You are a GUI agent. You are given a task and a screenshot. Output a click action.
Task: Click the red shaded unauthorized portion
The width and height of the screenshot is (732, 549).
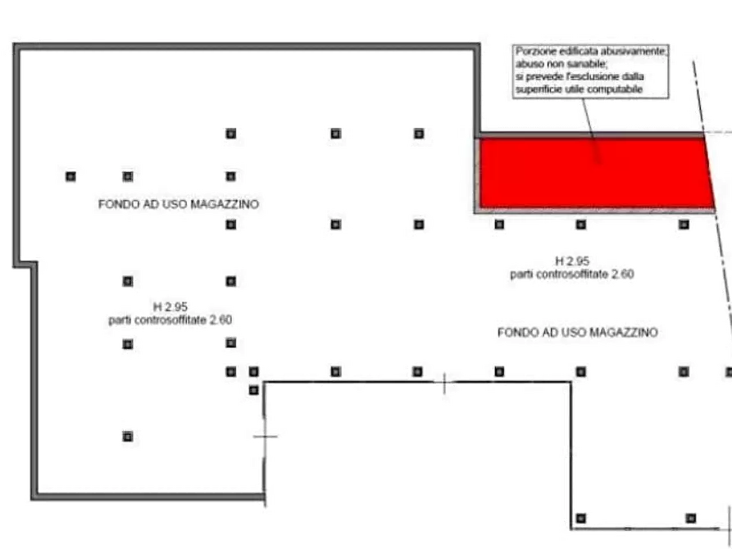click(595, 173)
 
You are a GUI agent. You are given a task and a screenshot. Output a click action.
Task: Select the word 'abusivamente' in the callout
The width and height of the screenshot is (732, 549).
click(634, 52)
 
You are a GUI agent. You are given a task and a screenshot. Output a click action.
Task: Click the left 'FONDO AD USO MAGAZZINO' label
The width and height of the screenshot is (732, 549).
click(179, 204)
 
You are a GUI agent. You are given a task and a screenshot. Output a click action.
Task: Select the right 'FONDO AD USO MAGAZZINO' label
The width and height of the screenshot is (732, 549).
click(577, 333)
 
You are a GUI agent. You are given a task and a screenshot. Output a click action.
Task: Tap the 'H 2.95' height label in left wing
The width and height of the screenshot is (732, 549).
click(170, 306)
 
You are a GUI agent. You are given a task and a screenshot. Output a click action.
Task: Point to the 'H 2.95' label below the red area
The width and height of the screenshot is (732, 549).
click(572, 261)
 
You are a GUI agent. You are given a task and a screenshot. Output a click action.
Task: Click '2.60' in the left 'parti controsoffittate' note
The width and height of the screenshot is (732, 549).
click(221, 320)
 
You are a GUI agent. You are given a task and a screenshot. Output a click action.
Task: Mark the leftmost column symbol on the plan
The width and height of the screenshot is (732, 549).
click(70, 176)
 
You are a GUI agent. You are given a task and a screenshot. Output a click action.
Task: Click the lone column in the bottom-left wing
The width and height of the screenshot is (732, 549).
click(127, 437)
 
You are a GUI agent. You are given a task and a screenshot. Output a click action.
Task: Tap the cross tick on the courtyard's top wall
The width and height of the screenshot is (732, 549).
click(444, 383)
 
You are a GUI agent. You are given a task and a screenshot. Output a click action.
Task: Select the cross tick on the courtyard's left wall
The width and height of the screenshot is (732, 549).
click(265, 437)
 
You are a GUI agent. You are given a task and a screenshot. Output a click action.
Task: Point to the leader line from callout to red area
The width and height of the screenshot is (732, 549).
click(590, 131)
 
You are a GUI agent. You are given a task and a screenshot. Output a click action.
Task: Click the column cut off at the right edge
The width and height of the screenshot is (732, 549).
click(729, 372)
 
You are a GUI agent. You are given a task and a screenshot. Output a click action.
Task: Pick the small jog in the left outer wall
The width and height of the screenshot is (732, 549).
click(25, 265)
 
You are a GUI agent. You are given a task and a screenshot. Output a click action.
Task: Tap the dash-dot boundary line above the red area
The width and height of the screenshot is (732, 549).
click(698, 97)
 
